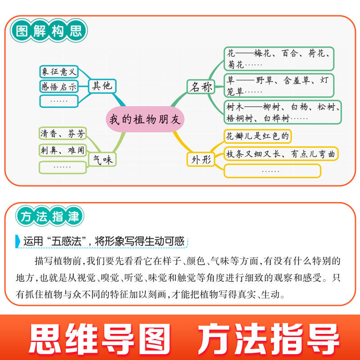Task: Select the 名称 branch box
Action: [x=200, y=87]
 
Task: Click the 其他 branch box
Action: [x=102, y=85]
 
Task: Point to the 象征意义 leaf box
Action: [x=59, y=72]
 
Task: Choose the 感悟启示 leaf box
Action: [x=59, y=86]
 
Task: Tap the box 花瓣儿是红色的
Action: [x=258, y=136]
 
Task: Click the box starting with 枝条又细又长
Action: [x=281, y=154]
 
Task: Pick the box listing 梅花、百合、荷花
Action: [x=279, y=59]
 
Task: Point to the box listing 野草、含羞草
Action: [x=279, y=85]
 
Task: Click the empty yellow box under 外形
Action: [x=272, y=171]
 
